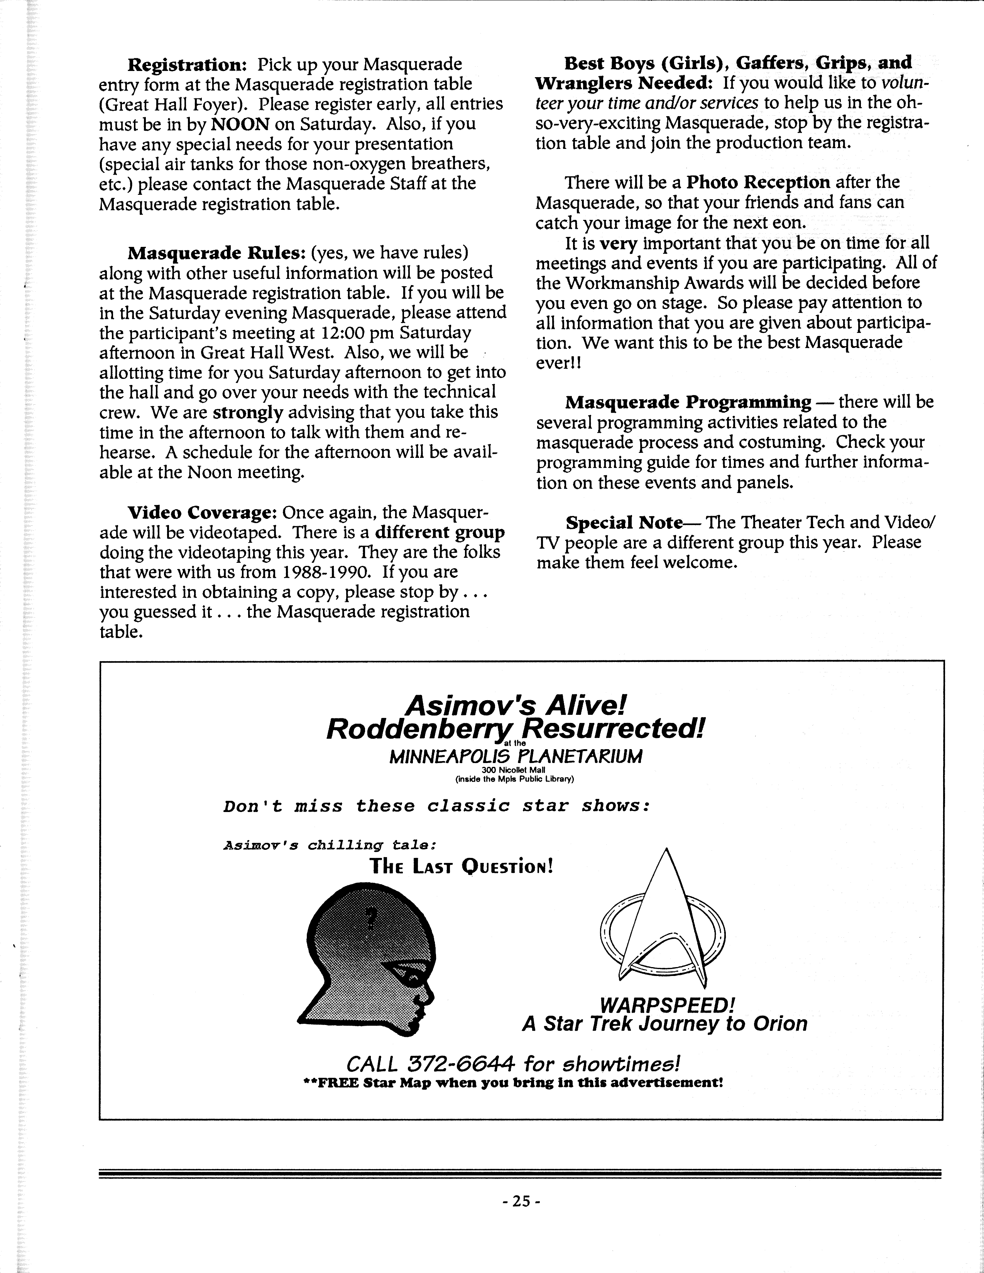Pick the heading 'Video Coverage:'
(202, 513)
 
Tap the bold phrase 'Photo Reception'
(758, 182)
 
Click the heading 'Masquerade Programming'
(688, 402)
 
